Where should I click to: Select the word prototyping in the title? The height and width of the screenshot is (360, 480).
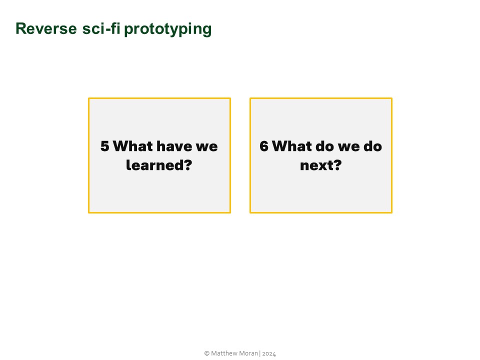167,29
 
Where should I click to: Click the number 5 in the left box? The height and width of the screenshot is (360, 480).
104,146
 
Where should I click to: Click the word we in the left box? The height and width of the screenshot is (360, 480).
206,146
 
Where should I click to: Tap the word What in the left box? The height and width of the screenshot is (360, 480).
133,146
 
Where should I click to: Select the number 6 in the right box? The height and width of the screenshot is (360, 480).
264,146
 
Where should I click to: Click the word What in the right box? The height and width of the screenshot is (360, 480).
292,146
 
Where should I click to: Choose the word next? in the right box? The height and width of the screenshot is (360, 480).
320,165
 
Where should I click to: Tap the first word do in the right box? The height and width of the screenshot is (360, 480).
324,146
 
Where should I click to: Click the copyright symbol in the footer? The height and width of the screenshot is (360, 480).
206,353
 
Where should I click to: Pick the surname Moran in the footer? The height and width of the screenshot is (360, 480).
247,353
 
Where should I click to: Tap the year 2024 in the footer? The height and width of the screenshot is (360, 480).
269,353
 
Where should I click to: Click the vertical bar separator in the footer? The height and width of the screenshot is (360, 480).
259,353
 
